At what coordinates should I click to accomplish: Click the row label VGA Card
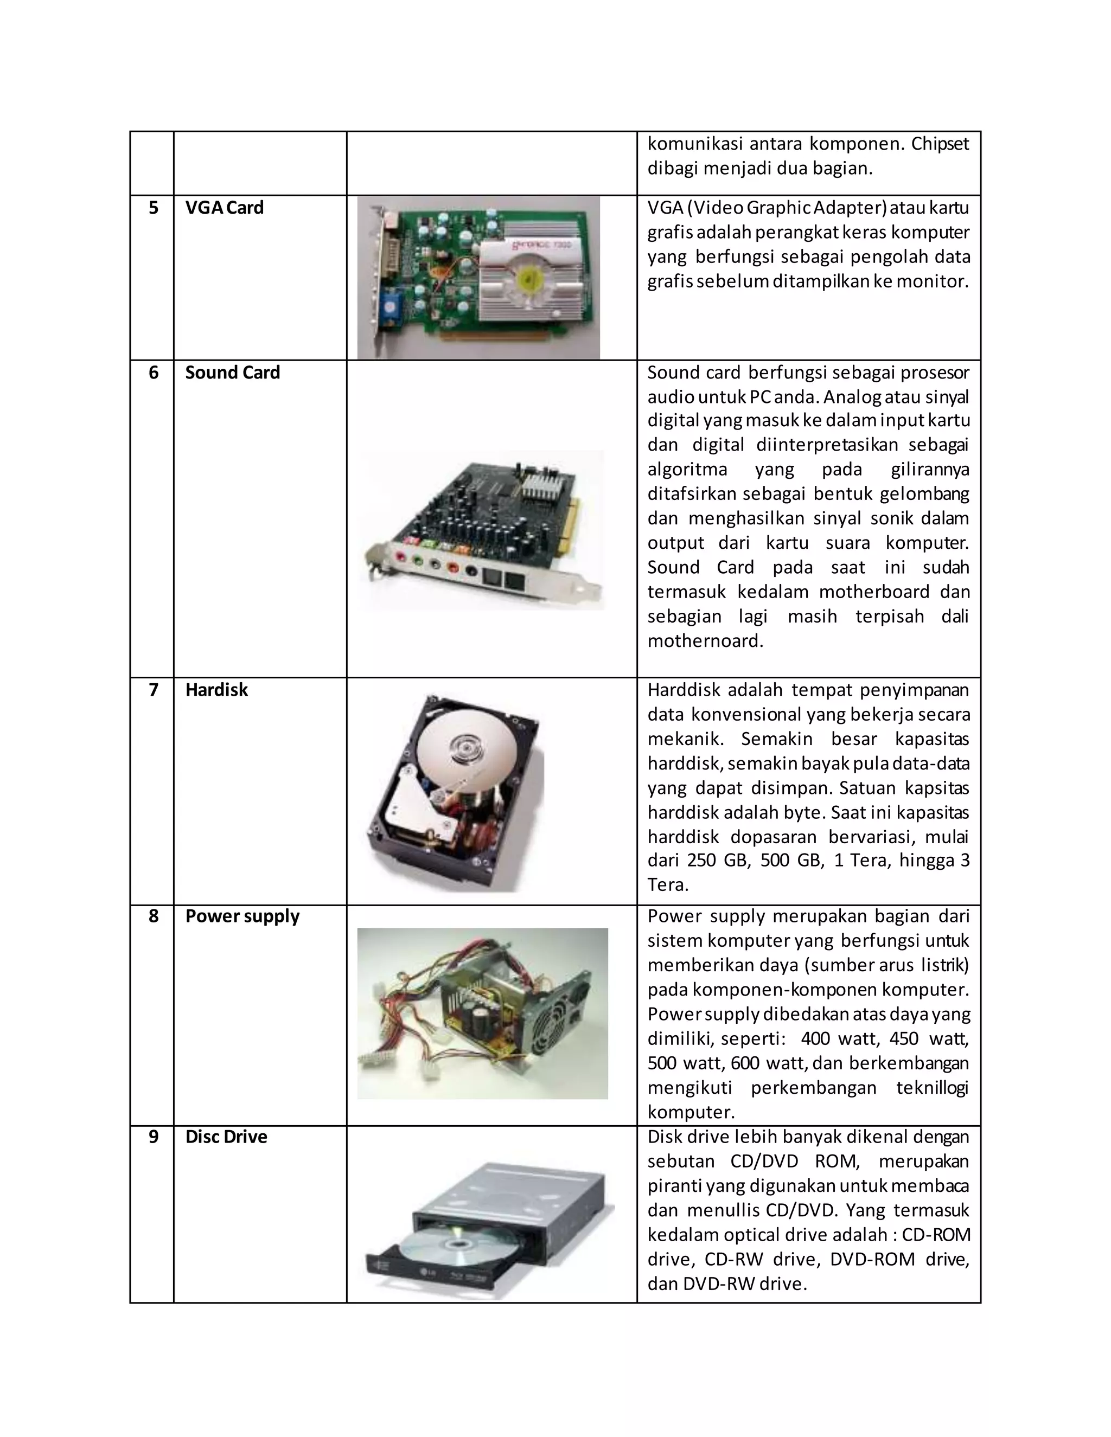coord(224,208)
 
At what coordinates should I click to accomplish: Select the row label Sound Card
coord(232,373)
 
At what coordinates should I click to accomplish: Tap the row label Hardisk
coord(216,690)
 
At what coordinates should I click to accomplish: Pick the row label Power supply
coord(242,916)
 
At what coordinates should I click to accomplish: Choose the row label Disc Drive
coord(226,1137)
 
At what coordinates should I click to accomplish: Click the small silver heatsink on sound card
coord(546,485)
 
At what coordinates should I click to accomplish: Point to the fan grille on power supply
coord(555,1028)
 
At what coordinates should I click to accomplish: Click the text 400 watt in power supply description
coord(840,1039)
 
